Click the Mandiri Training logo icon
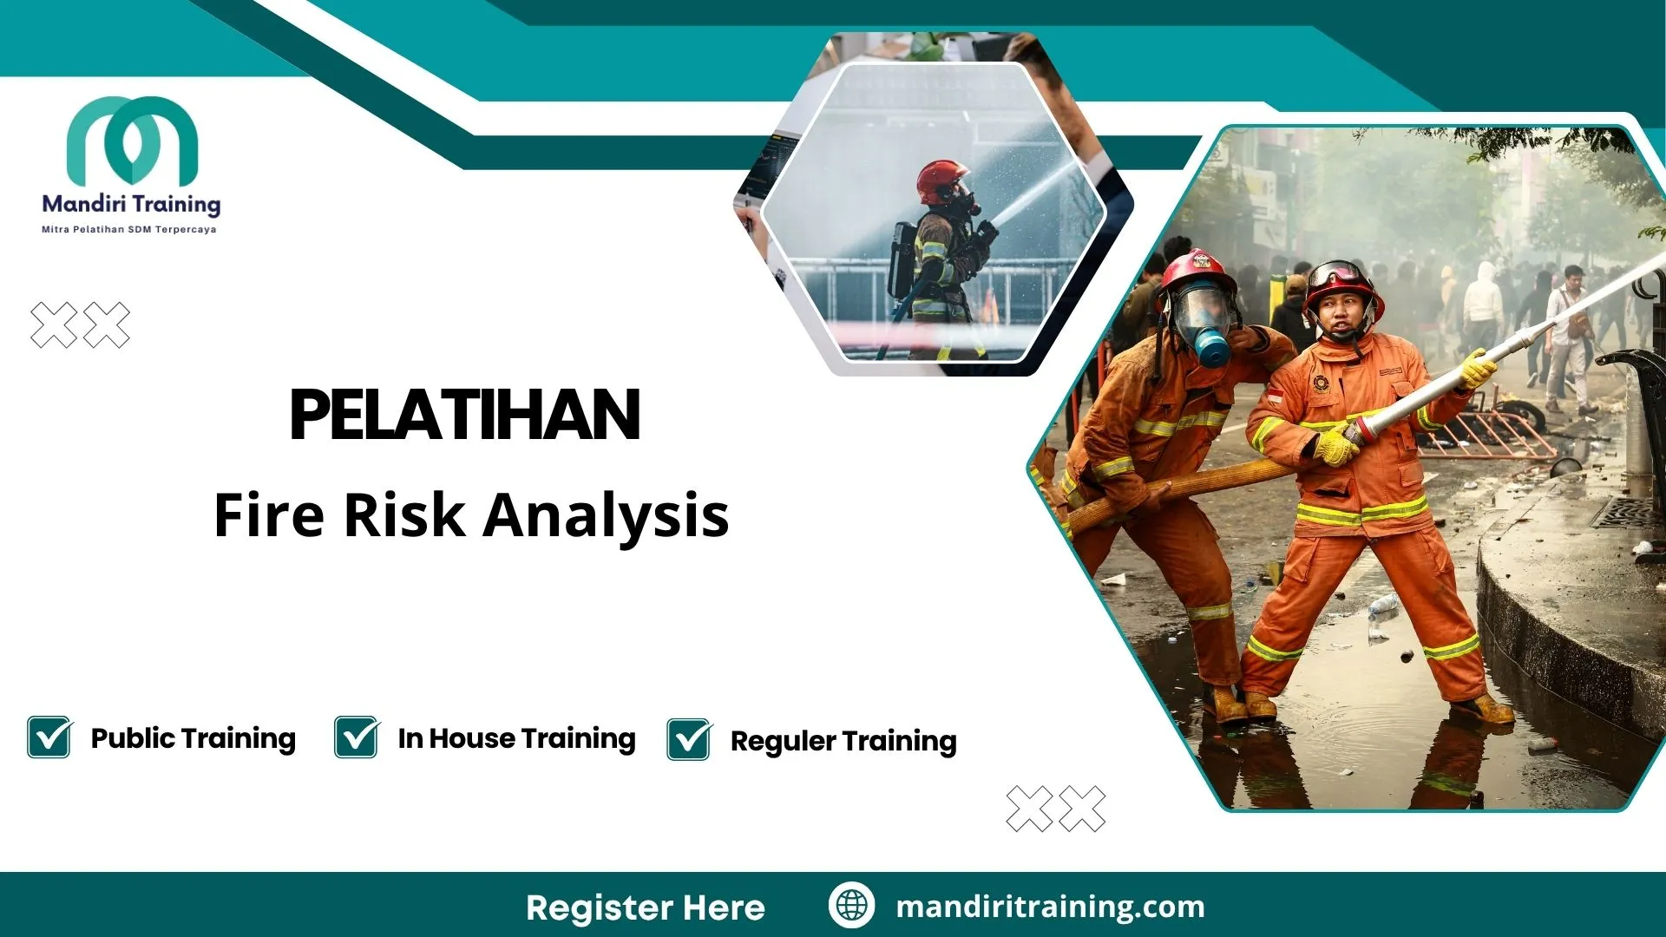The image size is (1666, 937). coord(132,141)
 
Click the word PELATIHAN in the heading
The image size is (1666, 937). coord(465,415)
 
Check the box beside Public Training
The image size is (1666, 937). coord(49,737)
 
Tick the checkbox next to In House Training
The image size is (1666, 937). coord(357,737)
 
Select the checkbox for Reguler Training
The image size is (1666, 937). coord(689,740)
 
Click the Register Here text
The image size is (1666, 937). coord(646,908)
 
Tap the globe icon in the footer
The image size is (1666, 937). coord(851,905)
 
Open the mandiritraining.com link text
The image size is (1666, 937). coord(1050,907)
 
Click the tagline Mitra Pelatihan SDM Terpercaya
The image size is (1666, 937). coord(129,230)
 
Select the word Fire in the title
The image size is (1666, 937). coord(269,515)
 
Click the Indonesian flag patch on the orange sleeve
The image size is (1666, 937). coord(1276,396)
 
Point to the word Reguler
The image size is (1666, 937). coord(783,742)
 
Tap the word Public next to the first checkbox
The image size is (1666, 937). coord(133,738)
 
